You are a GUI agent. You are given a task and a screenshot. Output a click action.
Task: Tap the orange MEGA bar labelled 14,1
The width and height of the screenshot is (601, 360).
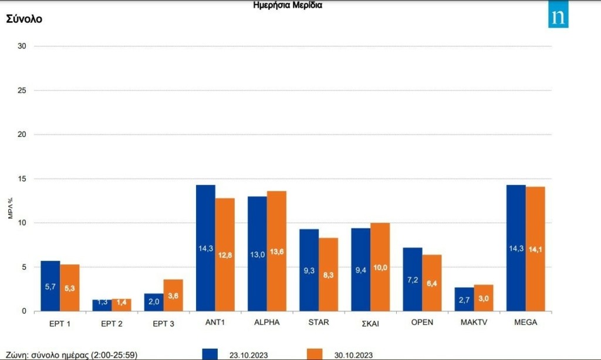click(x=535, y=249)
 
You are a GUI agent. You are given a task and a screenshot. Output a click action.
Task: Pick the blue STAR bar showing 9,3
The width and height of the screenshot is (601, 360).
click(x=309, y=270)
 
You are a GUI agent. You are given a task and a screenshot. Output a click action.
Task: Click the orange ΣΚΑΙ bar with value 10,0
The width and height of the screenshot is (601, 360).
click(x=380, y=267)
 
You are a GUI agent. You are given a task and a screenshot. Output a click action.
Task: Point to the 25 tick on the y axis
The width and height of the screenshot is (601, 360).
click(x=22, y=90)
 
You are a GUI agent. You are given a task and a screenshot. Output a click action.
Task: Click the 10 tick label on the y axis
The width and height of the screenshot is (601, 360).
click(x=22, y=223)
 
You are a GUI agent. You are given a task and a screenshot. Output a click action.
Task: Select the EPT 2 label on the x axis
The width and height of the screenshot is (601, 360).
click(x=111, y=322)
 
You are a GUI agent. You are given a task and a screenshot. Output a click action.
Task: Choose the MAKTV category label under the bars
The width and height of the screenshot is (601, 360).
click(x=473, y=322)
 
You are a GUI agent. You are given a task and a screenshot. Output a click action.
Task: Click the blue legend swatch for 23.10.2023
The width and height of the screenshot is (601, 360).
click(x=210, y=354)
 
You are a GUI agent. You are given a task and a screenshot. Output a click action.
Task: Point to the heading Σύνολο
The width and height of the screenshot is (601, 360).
click(x=24, y=19)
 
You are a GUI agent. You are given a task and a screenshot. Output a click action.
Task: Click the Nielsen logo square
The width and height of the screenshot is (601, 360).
click(x=558, y=17)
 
